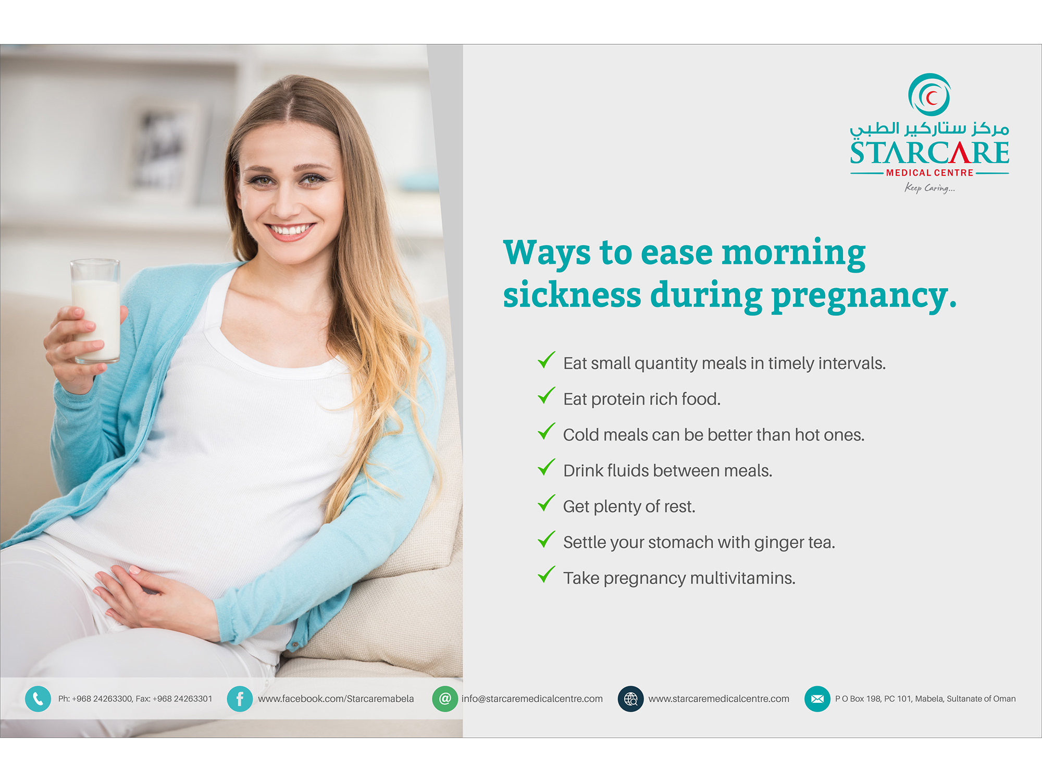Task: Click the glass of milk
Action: pyautogui.click(x=96, y=311)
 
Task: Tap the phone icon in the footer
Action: pyautogui.click(x=38, y=699)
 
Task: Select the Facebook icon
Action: pyautogui.click(x=240, y=699)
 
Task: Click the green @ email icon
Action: pyautogui.click(x=445, y=699)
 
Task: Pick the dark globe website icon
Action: pyautogui.click(x=630, y=699)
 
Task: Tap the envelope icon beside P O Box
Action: pyautogui.click(x=817, y=699)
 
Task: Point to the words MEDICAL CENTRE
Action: pyautogui.click(x=929, y=173)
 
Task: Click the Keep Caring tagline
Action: pyautogui.click(x=929, y=188)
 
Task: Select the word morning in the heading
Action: pyautogui.click(x=793, y=253)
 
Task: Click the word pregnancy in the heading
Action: pyautogui.click(x=864, y=296)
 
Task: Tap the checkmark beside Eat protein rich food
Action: pyautogui.click(x=547, y=396)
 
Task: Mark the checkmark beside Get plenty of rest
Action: pyautogui.click(x=547, y=503)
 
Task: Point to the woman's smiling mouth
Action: pyautogui.click(x=290, y=231)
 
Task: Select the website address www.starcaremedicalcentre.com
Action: pyautogui.click(x=718, y=699)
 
